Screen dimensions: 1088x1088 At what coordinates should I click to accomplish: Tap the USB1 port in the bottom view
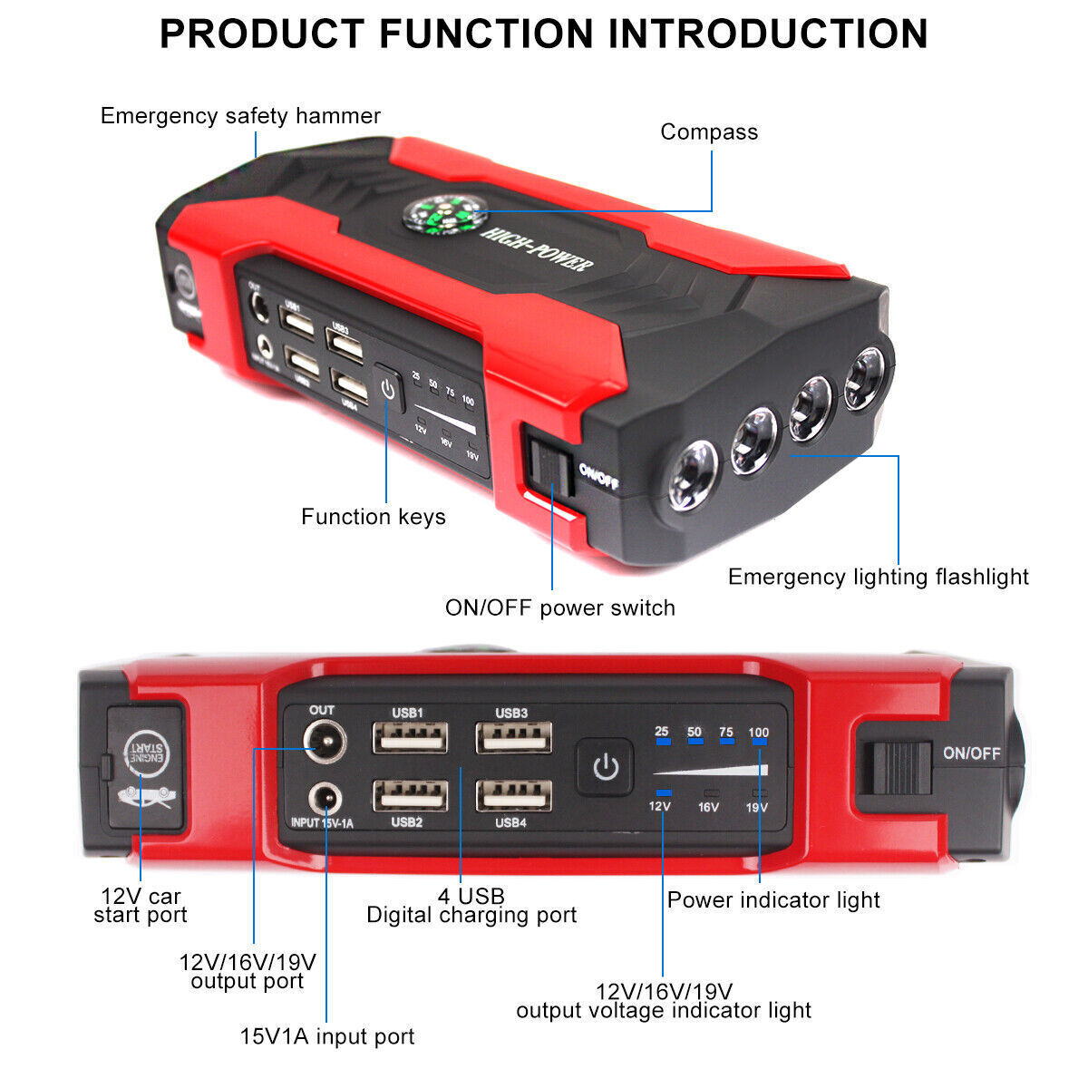(x=410, y=738)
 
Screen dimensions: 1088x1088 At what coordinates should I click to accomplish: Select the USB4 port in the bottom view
(x=513, y=795)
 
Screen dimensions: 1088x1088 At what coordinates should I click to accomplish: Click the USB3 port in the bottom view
(x=513, y=738)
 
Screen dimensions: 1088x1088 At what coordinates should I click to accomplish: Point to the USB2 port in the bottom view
(x=410, y=795)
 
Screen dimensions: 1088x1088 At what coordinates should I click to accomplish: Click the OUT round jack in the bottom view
(x=322, y=743)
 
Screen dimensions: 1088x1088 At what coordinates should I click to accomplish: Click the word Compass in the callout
(x=708, y=132)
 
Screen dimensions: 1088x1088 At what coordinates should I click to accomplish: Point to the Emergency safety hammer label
(x=240, y=116)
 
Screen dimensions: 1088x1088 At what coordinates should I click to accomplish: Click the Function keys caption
(x=373, y=517)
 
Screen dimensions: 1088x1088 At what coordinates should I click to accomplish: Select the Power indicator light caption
(x=773, y=900)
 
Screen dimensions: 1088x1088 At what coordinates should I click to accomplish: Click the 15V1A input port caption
(x=326, y=1036)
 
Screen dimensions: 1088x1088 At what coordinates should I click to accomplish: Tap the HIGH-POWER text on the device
(x=538, y=248)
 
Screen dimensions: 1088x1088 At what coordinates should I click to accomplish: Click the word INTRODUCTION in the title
(x=768, y=34)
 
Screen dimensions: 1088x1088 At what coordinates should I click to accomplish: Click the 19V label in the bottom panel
(x=756, y=807)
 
